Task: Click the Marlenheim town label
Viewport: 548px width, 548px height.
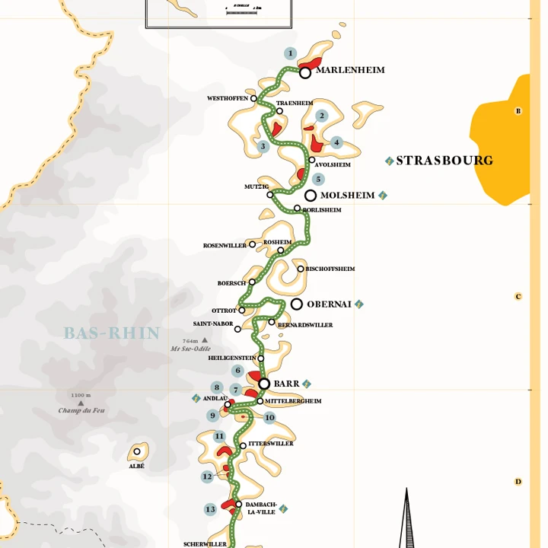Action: [350, 70]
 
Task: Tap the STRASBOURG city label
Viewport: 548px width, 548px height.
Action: [444, 161]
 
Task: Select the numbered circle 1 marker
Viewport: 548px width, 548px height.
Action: [290, 53]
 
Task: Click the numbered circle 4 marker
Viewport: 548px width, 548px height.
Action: [336, 142]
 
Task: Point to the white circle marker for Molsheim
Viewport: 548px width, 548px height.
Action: [311, 196]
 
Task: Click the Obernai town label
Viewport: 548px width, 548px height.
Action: [329, 304]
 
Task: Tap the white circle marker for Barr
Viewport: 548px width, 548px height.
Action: [264, 384]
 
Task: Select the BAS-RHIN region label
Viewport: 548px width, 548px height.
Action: [112, 333]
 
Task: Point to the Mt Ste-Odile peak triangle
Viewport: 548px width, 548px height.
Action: [204, 340]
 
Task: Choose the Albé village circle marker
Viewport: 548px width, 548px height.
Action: [137, 451]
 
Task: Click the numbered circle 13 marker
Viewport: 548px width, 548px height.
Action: [211, 509]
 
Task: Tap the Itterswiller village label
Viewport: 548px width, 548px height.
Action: [270, 444]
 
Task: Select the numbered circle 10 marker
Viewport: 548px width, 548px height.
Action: [269, 418]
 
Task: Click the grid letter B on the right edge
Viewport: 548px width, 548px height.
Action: [518, 111]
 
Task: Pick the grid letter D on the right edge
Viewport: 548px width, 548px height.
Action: [518, 482]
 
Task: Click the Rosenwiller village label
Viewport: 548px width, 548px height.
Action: [225, 246]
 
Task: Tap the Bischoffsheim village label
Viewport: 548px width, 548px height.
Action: [330, 269]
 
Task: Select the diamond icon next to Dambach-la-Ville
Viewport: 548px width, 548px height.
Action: [283, 508]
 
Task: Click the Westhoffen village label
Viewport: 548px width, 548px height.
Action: [227, 99]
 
